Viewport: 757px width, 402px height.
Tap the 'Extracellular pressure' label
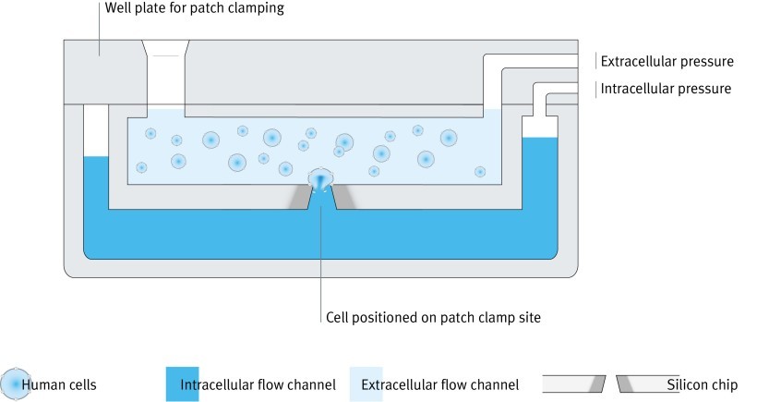click(x=667, y=62)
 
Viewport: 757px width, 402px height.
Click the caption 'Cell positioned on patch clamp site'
click(x=432, y=317)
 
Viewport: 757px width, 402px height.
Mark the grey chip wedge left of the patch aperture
click(x=301, y=195)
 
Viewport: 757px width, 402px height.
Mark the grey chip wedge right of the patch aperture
click(x=341, y=195)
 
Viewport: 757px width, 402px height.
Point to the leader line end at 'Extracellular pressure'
click(x=596, y=62)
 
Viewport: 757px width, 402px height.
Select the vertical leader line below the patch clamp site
click(x=320, y=259)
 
